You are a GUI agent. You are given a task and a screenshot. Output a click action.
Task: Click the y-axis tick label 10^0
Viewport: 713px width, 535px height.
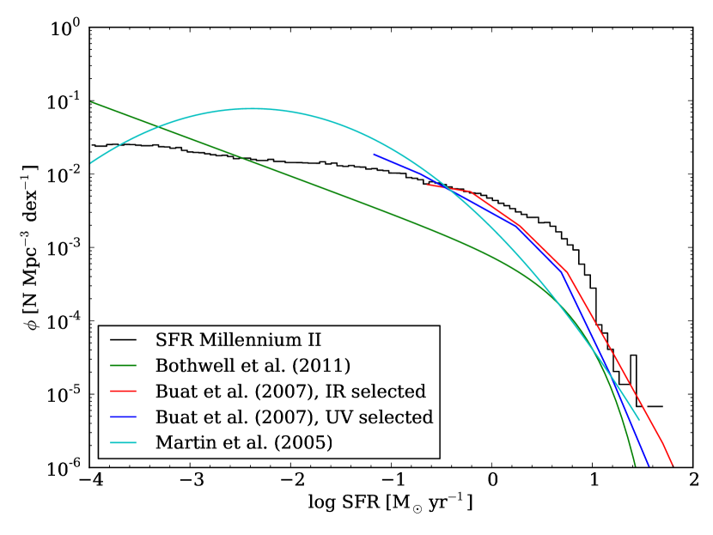66,28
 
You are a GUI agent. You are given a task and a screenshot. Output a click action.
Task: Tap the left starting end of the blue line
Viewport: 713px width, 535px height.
374,155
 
